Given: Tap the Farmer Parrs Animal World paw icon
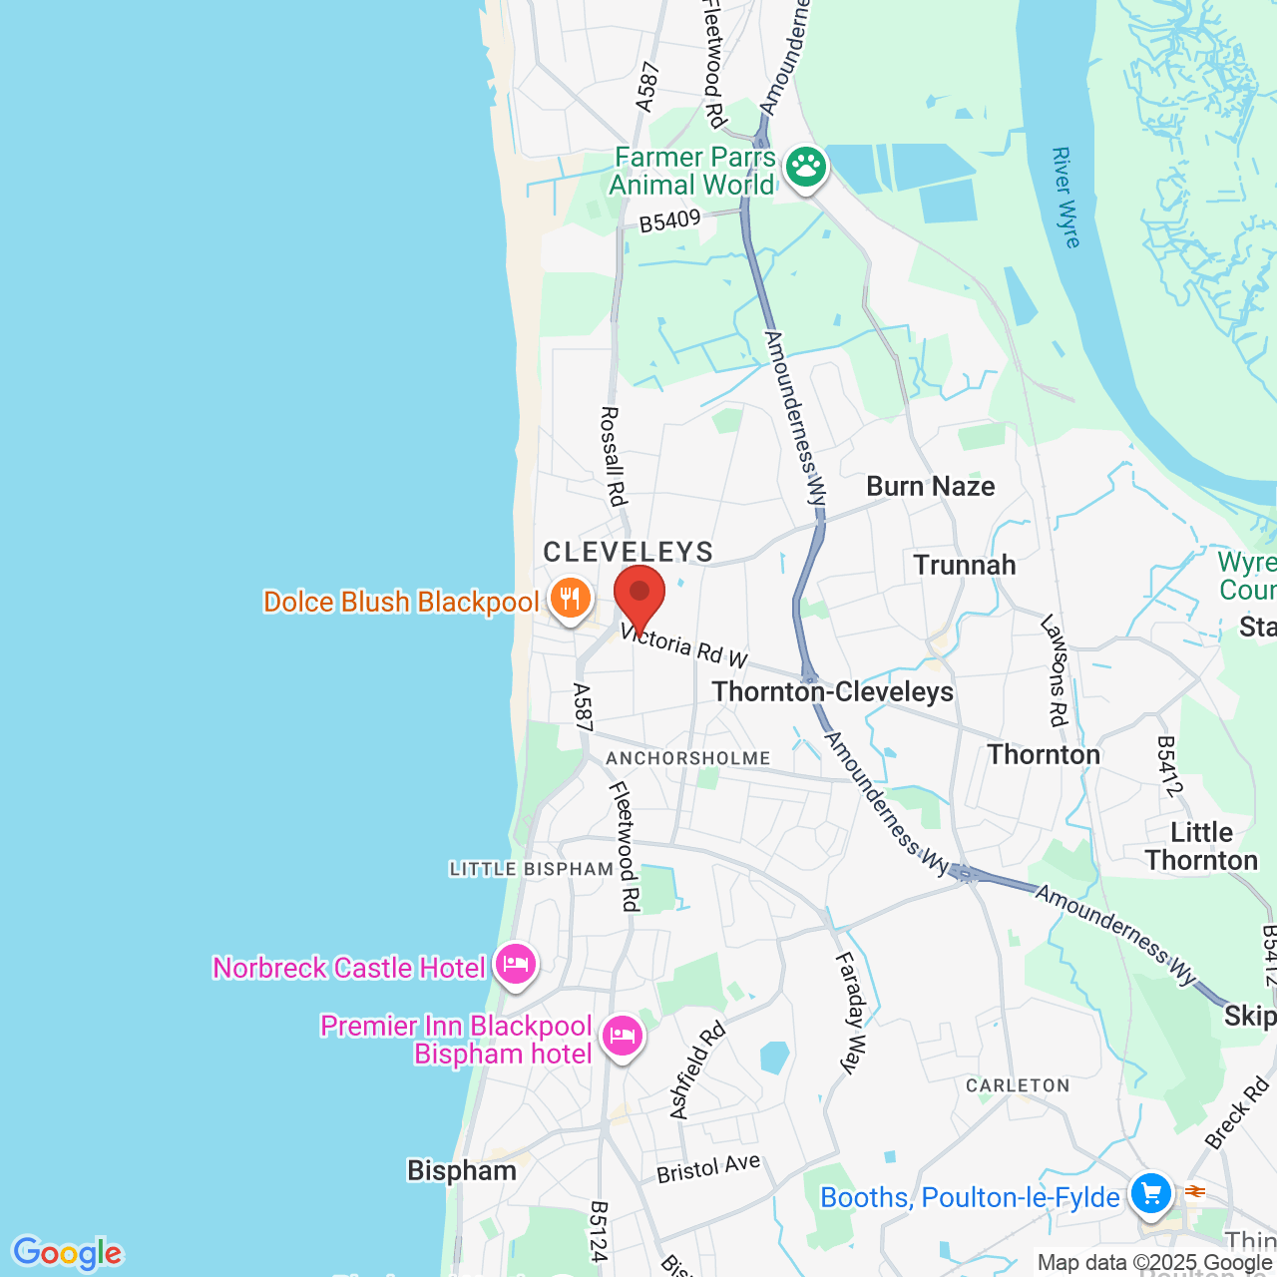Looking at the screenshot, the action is (x=805, y=168).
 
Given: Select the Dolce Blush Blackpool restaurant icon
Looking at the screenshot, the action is (x=570, y=600).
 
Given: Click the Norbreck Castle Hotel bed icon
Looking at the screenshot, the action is (x=515, y=965).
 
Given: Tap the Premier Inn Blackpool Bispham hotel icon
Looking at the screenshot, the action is (x=622, y=1037).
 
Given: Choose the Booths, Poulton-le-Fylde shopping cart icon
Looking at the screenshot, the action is (x=1150, y=1193).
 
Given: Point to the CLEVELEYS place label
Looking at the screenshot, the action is (x=629, y=552).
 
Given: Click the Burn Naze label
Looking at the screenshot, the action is (x=930, y=486).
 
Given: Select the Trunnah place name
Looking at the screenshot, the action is (x=965, y=565).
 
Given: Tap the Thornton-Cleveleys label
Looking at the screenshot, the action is (x=833, y=691).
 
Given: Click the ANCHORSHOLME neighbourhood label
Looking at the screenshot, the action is (x=688, y=758).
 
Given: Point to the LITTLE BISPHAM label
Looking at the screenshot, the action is (x=532, y=869).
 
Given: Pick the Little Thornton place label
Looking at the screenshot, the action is (x=1201, y=846).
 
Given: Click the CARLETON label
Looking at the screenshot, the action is (x=1018, y=1085).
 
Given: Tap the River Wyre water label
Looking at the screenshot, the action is (x=1065, y=198).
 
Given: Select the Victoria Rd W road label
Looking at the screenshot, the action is (x=683, y=645).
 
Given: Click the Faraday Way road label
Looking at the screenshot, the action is (x=851, y=1013).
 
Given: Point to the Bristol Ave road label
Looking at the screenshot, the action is (x=708, y=1168).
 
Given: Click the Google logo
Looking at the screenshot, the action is (x=67, y=1253).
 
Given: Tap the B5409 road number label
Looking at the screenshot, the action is (x=670, y=220).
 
